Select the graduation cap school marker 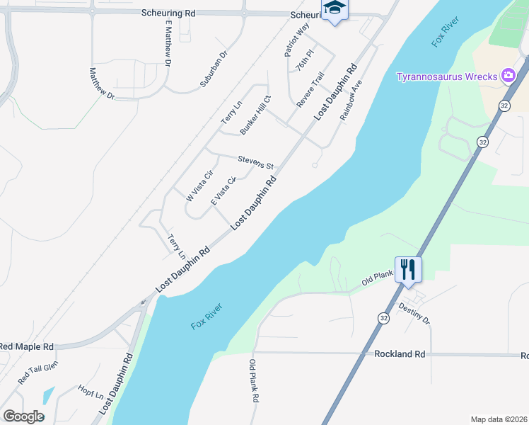point(334,8)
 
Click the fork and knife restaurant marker point(408,269)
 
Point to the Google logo point(23,416)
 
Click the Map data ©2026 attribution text point(498,419)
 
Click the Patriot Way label point(297,40)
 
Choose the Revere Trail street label point(310,89)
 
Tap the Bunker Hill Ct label point(255,115)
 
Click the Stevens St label point(255,161)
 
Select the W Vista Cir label point(199,186)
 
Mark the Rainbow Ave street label point(351,100)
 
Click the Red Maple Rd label point(27,347)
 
